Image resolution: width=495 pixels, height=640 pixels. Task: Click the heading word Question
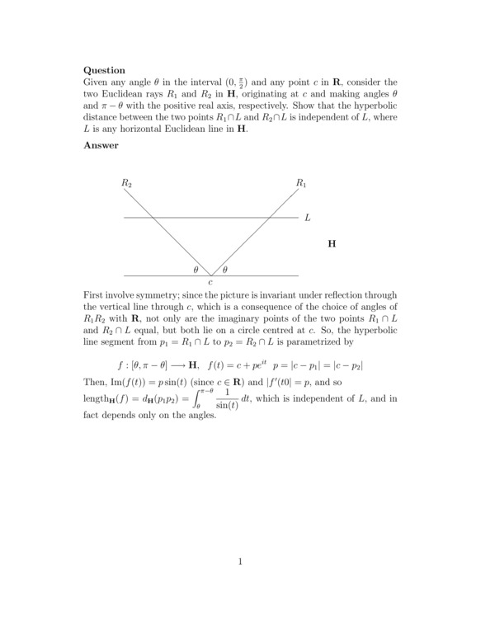tap(105, 71)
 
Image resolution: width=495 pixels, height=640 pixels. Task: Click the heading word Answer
tap(101, 145)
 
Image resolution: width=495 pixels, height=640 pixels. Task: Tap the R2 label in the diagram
tap(126, 182)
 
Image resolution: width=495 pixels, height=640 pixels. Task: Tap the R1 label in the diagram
tap(301, 182)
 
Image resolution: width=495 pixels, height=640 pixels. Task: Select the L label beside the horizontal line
tap(307, 219)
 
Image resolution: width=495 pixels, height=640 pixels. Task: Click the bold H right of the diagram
tap(332, 244)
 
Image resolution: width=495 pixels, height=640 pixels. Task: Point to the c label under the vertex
tap(210, 283)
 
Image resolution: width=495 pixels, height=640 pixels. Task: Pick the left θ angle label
tap(196, 270)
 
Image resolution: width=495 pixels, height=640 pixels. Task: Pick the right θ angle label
tap(225, 270)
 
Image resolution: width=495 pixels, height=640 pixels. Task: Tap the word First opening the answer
tap(97, 295)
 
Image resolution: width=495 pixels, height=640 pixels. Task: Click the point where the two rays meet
tap(210, 275)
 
